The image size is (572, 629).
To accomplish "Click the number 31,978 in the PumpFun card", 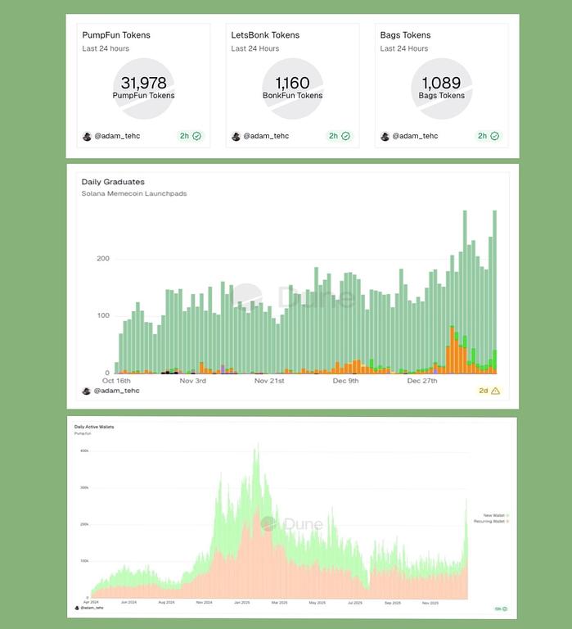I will pos(143,83).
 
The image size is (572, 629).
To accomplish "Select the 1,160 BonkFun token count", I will pos(292,83).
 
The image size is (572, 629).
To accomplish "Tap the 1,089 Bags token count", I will pos(441,83).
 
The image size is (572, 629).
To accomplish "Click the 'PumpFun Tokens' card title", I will pos(116,35).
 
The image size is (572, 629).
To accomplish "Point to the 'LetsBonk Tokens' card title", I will pos(265,35).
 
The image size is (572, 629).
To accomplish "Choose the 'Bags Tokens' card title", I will pos(405,35).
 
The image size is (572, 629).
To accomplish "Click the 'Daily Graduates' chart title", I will pos(113,182).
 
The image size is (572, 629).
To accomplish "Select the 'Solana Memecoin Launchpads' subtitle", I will pos(133,194).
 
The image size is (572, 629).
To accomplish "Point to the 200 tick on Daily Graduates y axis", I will pos(103,259).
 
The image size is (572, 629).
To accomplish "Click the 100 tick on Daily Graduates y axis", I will pos(103,316).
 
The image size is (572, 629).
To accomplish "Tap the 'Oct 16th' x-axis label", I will pos(117,381).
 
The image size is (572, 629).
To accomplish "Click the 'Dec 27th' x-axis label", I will pos(424,381).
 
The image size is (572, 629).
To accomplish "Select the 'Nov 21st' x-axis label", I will pos(269,381).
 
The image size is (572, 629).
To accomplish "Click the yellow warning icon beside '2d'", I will pos(495,391).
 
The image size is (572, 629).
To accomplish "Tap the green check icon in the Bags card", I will pos(494,136).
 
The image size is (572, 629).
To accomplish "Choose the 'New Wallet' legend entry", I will pos(494,515).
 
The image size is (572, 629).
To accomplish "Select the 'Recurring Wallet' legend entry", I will pos(490,522).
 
